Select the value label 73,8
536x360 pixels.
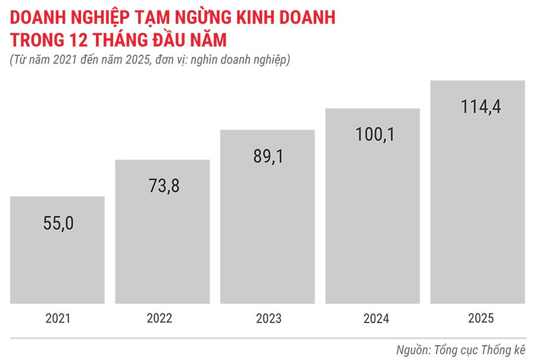coord(163,186)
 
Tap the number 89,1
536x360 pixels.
coord(267,155)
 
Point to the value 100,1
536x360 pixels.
coord(372,134)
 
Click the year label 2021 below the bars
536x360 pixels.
coord(58,318)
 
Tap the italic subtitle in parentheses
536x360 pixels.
coord(149,60)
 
